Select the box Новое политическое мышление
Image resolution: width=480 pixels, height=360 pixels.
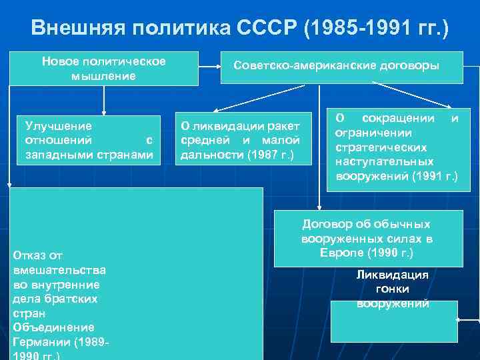104,69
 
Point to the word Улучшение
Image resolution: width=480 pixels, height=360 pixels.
59,125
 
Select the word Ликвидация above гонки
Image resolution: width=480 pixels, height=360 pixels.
392,275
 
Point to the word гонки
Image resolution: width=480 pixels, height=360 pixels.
392,289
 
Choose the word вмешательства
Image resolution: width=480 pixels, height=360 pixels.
59,269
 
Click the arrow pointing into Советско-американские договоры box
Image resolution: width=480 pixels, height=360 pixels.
225,67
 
